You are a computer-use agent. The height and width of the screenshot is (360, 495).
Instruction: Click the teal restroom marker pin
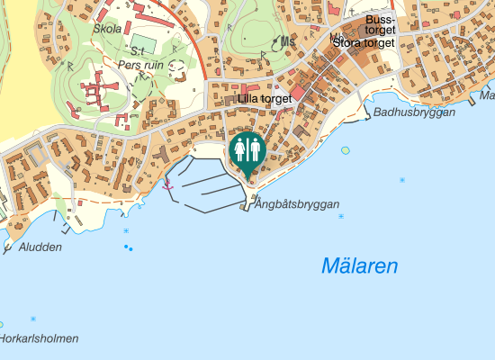(x=246, y=151)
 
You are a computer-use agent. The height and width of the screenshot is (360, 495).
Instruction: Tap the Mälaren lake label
(x=359, y=266)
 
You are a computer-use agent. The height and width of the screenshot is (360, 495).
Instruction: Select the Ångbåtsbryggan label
(x=296, y=205)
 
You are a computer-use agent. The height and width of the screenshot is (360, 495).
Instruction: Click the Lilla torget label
(x=265, y=98)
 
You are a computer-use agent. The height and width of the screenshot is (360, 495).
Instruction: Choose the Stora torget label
(x=364, y=42)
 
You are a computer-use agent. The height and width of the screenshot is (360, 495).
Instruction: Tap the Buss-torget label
(x=381, y=24)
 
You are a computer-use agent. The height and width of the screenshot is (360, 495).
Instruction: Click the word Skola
(x=108, y=28)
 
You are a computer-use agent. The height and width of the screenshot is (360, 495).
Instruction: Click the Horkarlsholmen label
(x=38, y=338)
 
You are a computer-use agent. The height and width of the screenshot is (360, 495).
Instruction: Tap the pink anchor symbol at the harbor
(x=166, y=184)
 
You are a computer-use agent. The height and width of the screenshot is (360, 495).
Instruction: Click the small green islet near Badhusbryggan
(x=346, y=150)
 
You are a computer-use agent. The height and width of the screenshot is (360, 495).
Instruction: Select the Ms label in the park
(x=287, y=41)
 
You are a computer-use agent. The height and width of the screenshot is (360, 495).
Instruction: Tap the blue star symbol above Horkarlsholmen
(x=33, y=319)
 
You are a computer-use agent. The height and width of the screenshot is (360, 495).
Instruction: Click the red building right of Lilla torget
(x=298, y=93)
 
